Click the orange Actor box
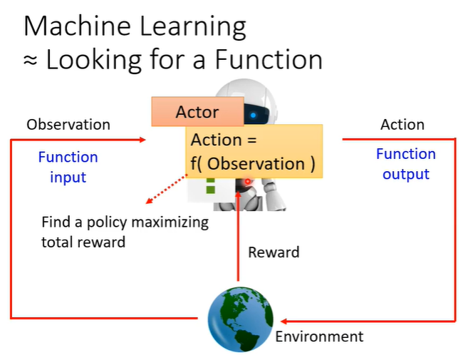[x=197, y=112]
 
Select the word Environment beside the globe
[x=319, y=336]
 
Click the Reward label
[x=274, y=252]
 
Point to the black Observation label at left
[x=68, y=125]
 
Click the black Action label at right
[x=402, y=125]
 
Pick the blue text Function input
[x=68, y=167]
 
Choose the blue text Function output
[x=406, y=164]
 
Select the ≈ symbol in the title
[x=31, y=60]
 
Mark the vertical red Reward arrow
[x=238, y=235]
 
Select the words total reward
[x=83, y=242]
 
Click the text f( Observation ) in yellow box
[x=252, y=163]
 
